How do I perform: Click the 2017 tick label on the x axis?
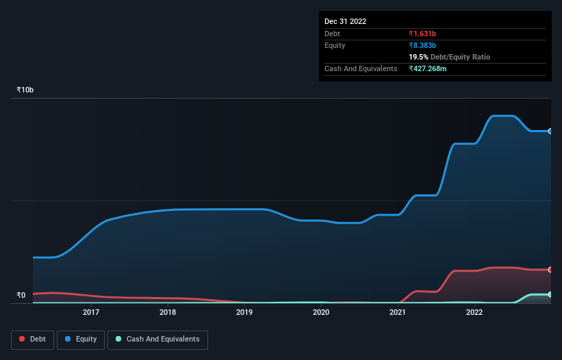tap(91, 313)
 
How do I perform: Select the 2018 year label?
tap(168, 313)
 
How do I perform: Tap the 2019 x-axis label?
tap(244, 313)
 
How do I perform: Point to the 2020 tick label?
tap(321, 313)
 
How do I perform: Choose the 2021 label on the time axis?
tap(398, 313)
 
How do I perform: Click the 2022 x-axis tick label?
tap(474, 313)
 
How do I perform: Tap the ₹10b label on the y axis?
tap(25, 90)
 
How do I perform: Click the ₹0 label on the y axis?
tap(21, 296)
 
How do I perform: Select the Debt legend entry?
tap(31, 339)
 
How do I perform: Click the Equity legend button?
tap(81, 339)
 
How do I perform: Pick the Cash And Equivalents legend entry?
tap(157, 339)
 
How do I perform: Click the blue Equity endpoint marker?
tap(550, 131)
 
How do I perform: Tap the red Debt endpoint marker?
tap(550, 270)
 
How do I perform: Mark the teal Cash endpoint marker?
tap(550, 294)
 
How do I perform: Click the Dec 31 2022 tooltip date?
tap(345, 21)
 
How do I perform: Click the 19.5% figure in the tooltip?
tap(418, 57)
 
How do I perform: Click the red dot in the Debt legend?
tap(23, 339)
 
